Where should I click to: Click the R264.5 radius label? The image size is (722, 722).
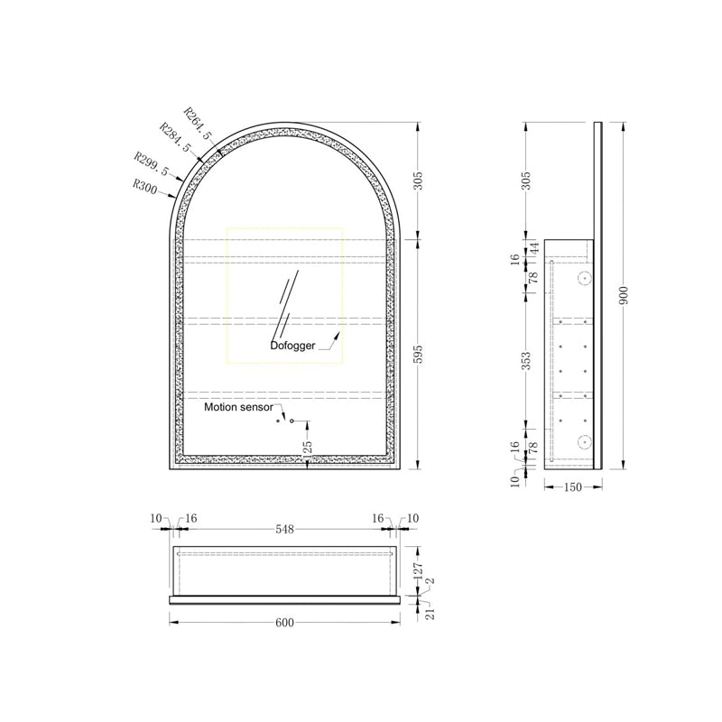(x=198, y=123)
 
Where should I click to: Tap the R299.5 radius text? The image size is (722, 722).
(x=150, y=164)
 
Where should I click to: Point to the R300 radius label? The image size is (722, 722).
(x=143, y=187)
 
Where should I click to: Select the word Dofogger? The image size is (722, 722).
(x=292, y=345)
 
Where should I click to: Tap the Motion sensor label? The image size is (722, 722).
(x=237, y=407)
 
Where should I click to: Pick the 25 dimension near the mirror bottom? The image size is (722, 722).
(x=308, y=445)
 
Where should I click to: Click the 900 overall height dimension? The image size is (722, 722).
(x=623, y=294)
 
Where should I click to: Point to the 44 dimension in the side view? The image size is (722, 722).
(x=533, y=246)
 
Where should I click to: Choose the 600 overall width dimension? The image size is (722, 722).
(x=285, y=623)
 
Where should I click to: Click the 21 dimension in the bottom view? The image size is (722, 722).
(x=430, y=613)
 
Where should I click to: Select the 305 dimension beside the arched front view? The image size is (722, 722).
(x=417, y=180)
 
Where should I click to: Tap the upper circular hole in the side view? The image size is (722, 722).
(x=583, y=278)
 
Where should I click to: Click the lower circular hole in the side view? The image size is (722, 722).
(x=583, y=442)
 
